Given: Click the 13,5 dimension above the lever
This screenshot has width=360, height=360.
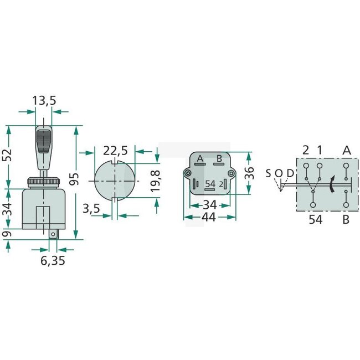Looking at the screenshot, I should coord(44,100).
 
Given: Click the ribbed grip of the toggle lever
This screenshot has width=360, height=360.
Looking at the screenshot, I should coord(43,142).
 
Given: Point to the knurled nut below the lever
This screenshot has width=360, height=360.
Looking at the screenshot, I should coord(43,182).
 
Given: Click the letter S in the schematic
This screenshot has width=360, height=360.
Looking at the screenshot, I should coord(268,173).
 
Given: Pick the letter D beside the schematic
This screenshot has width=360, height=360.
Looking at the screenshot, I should coord(289,173).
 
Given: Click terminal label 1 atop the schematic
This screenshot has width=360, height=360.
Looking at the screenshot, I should coord(320,150).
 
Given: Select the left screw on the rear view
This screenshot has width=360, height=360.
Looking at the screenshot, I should coord(189,174).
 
